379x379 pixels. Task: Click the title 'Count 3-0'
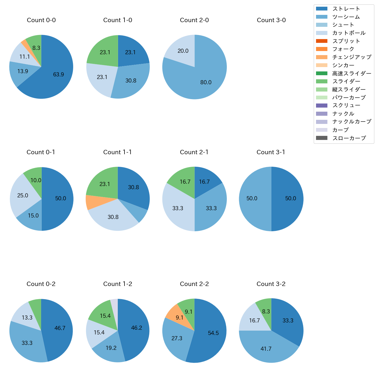tap(271, 20)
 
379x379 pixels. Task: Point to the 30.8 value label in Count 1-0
tap(131, 81)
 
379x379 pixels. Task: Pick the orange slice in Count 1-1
tap(93, 202)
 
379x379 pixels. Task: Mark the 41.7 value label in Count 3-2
tap(266, 349)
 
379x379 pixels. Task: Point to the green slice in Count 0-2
tap(35, 304)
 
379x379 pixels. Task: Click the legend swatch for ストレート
tap(322, 9)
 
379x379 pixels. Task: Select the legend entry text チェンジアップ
tap(352, 57)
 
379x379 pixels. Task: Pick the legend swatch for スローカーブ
tap(322, 138)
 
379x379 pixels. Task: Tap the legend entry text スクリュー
tap(346, 106)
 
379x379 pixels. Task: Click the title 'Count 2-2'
tap(194, 284)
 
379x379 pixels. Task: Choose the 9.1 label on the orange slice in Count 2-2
tap(180, 317)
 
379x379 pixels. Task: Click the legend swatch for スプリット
tap(322, 41)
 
